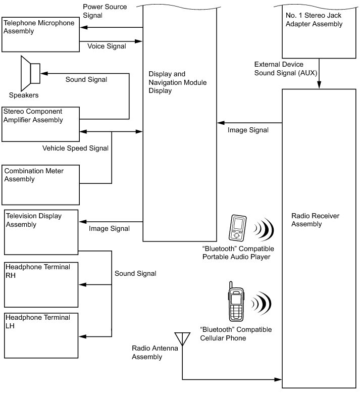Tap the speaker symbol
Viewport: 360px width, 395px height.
[x=30, y=73]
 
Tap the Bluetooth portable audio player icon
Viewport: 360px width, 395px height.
[x=237, y=228]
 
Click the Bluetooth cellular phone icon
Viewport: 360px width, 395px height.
[x=236, y=302]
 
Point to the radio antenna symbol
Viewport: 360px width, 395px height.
[x=182, y=339]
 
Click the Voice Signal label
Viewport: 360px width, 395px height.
[x=107, y=46]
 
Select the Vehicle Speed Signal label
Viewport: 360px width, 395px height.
[x=75, y=148]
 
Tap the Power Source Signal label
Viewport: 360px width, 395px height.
[x=105, y=11]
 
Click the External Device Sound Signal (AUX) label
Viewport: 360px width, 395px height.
[x=285, y=69]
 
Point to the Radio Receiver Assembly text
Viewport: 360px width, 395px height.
[x=315, y=220]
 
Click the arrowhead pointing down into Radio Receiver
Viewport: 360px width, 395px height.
[x=319, y=85]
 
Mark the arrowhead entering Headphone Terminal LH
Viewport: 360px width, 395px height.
[x=83, y=336]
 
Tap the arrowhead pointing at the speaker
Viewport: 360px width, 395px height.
[x=44, y=74]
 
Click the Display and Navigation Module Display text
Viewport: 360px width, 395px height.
[x=178, y=82]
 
